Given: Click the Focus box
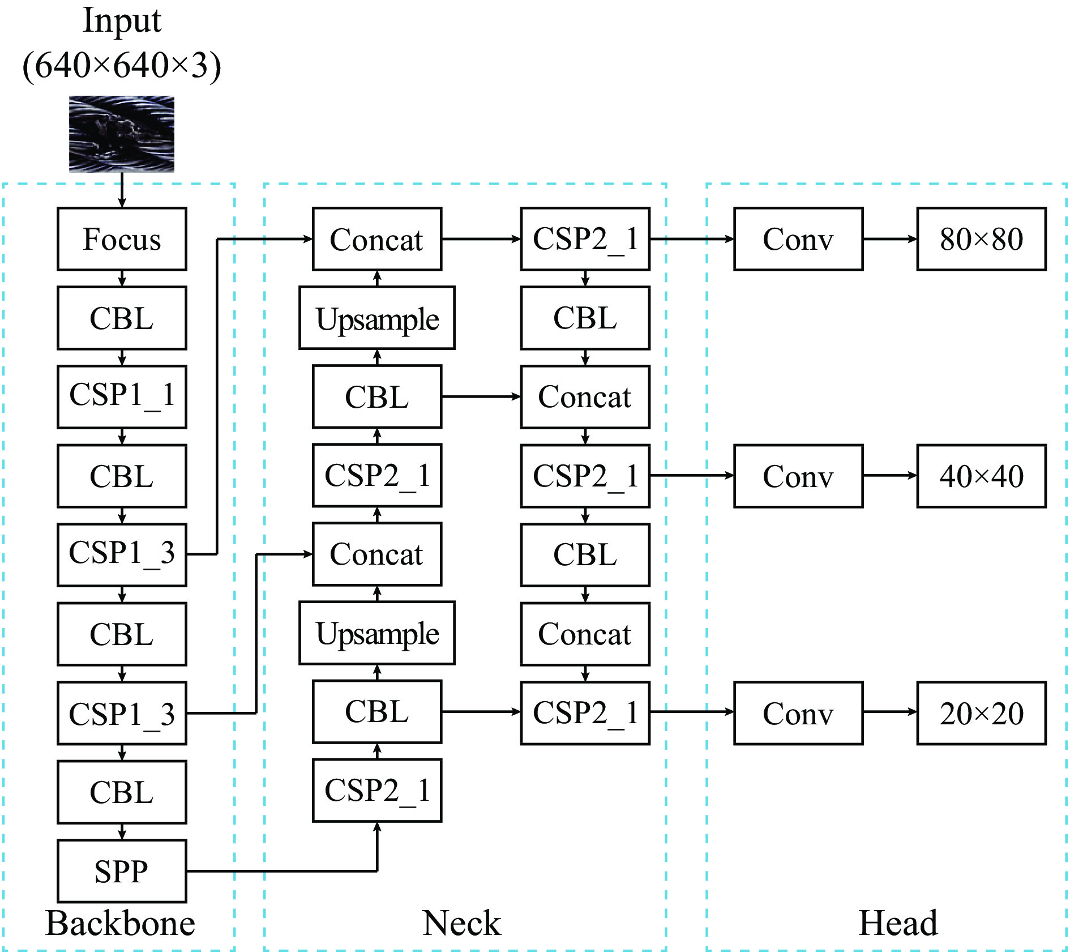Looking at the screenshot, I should click(122, 239).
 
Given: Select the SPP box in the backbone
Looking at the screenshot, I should click(122, 871).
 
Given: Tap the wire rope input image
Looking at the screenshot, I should click(122, 134).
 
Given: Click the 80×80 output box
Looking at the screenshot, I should click(981, 239).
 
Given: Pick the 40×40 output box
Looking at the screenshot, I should click(981, 476).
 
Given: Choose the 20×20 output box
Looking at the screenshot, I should click(981, 713).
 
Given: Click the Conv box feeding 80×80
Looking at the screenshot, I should click(798, 239).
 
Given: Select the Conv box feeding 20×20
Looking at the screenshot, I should click(798, 713).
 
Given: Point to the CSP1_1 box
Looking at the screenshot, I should click(122, 396).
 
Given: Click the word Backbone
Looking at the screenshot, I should click(120, 923).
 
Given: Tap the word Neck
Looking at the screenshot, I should click(461, 923).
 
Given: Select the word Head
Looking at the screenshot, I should click(898, 923).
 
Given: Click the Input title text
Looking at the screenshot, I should click(122, 20).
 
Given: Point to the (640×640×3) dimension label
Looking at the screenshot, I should click(122, 65).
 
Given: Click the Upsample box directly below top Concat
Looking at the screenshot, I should click(377, 318).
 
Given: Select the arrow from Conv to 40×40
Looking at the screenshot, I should click(890, 476).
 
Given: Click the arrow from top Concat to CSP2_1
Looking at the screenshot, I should click(481, 239).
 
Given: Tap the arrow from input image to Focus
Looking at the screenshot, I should click(122, 190).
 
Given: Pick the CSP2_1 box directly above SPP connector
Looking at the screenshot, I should click(377, 791).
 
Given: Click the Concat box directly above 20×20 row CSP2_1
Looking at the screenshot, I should click(585, 634).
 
